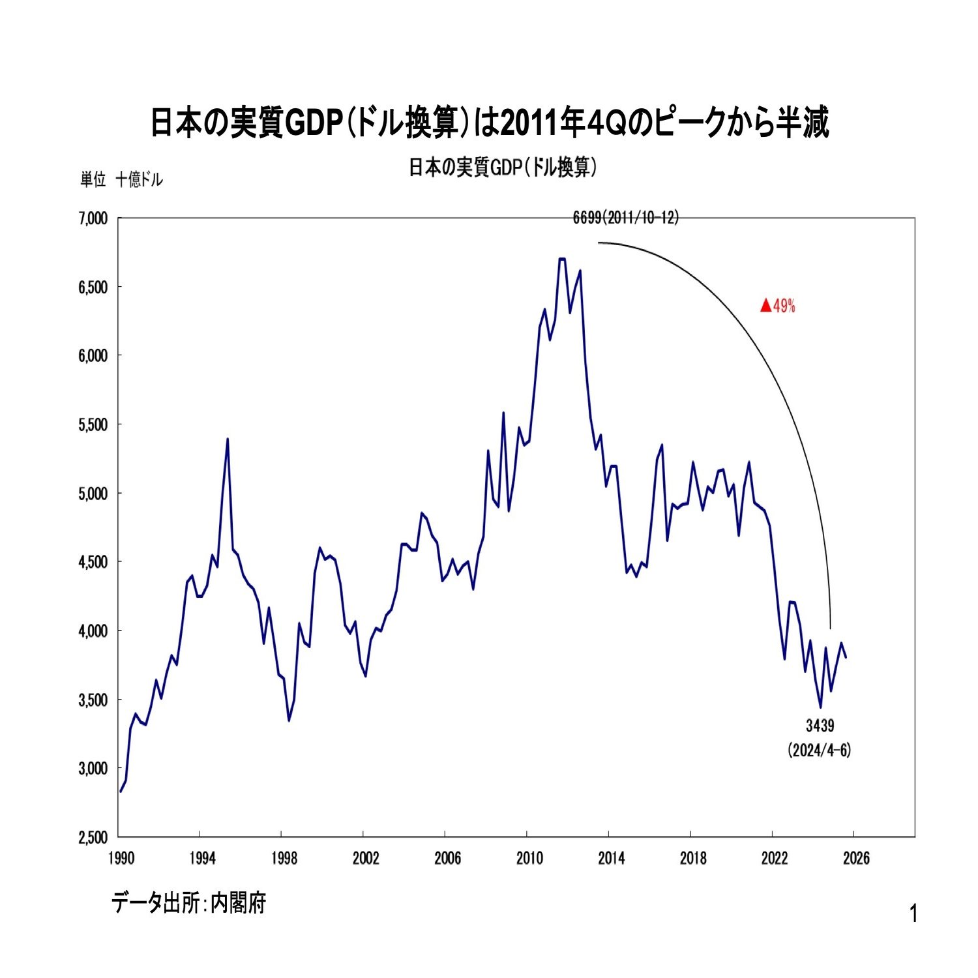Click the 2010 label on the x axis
tap(529, 858)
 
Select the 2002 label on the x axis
tap(366, 858)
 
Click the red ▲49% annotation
tap(778, 306)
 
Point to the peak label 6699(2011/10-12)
tap(626, 218)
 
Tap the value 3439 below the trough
tap(820, 726)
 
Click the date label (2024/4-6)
tap(820, 750)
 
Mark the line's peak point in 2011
tap(562, 259)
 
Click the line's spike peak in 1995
tap(228, 439)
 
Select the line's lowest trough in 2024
tap(820, 707)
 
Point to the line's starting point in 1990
tap(121, 792)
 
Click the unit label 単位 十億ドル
tap(121, 180)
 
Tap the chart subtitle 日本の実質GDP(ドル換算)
tap(503, 168)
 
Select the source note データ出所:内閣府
tap(188, 903)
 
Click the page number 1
tap(913, 914)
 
